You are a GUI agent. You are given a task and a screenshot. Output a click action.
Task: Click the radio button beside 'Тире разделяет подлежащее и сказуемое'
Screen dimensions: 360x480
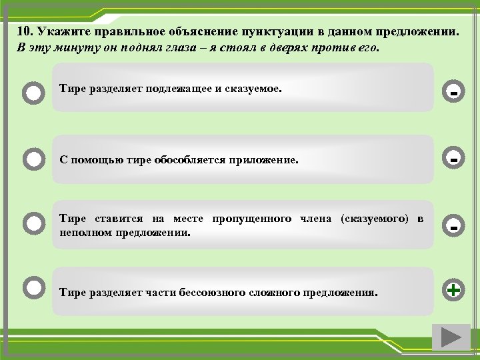[33, 92]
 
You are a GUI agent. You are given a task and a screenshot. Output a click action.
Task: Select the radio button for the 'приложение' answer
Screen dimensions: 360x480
[33, 160]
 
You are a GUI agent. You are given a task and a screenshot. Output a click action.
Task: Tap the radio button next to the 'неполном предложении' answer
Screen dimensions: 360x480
[33, 223]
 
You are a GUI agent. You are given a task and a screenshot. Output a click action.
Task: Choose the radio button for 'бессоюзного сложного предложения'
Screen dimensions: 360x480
[33, 287]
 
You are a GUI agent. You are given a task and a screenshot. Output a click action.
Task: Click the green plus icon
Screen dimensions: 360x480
[453, 290]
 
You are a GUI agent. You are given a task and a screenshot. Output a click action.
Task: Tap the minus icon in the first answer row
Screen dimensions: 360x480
[453, 92]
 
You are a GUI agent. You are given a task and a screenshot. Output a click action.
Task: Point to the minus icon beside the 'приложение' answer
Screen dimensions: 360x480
[453, 160]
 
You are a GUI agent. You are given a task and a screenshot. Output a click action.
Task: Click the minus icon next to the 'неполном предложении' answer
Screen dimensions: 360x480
[453, 225]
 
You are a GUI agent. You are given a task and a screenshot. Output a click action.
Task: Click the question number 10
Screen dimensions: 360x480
[25, 31]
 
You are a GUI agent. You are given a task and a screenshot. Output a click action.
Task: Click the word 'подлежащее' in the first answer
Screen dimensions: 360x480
[177, 87]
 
